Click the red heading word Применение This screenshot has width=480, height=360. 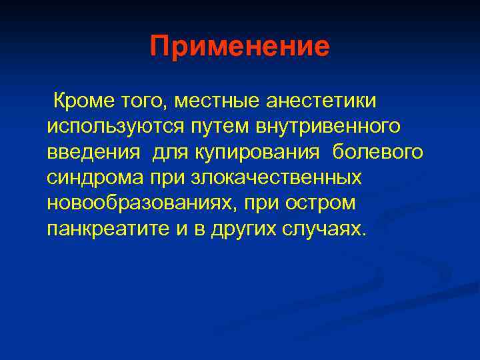239,47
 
